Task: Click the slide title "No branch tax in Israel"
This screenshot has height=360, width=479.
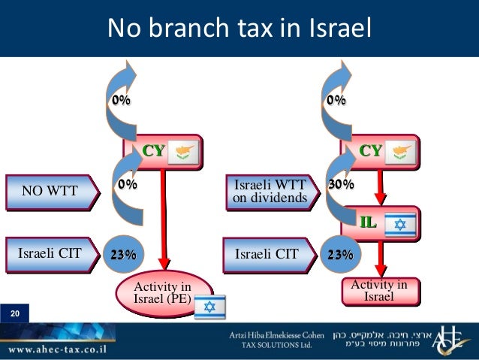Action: (x=239, y=28)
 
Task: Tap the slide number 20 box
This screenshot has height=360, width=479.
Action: (x=14, y=312)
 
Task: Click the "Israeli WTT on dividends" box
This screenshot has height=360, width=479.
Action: (x=270, y=191)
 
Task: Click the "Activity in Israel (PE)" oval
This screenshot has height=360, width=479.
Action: (x=162, y=292)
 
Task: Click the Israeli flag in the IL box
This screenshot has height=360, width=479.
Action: (x=399, y=224)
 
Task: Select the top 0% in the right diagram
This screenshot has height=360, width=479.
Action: (x=336, y=99)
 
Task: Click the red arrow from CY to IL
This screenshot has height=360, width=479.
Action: (x=379, y=184)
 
